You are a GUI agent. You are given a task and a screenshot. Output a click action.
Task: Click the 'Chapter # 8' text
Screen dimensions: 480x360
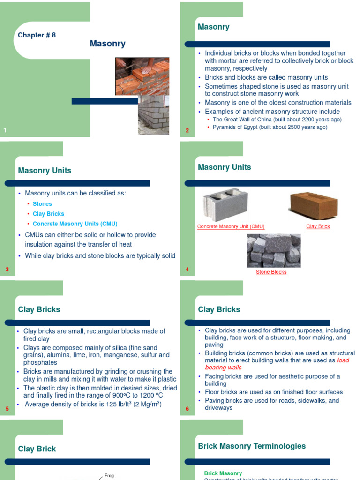37,35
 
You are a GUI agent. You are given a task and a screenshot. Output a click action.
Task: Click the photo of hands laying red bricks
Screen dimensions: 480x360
142,76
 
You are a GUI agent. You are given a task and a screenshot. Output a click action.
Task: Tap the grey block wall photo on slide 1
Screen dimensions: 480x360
153,116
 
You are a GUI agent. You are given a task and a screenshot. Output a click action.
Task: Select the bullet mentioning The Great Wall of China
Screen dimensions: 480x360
277,120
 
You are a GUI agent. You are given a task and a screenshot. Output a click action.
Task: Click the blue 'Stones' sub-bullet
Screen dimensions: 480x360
42,204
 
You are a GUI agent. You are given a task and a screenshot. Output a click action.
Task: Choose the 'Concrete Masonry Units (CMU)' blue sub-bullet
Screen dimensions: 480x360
75,224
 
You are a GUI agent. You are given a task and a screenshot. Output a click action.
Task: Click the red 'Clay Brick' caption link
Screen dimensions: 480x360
318,226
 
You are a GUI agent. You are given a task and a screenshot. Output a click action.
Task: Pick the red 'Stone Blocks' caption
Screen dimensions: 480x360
271,272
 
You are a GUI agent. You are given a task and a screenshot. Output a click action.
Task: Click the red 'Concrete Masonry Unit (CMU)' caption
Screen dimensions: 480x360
231,226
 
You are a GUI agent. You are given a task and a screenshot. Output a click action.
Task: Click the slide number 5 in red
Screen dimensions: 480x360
7,409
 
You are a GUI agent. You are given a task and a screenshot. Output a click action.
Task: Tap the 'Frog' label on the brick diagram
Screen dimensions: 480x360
109,475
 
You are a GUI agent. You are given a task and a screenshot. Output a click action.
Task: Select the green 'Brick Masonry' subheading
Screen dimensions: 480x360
223,473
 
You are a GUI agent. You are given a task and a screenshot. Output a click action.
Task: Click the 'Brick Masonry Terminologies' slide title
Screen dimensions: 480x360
252,446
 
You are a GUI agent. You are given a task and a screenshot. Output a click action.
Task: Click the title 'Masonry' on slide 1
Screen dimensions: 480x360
107,44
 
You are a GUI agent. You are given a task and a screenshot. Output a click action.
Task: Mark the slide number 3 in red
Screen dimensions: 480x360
7,270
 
